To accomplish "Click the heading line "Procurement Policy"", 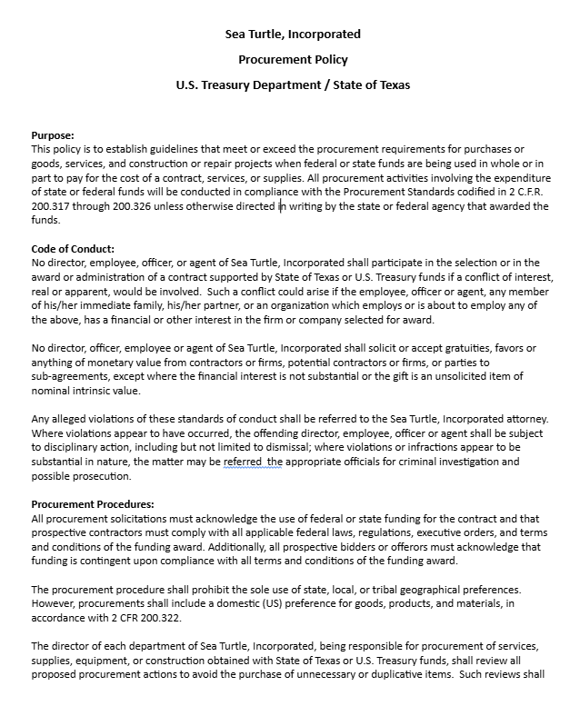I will pyautogui.click(x=293, y=60).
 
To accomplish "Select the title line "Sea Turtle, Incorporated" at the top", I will pyautogui.click(x=293, y=35).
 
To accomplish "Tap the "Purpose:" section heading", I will pyautogui.click(x=53, y=135).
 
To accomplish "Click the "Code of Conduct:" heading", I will pyautogui.click(x=73, y=249).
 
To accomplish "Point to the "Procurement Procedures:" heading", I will pyautogui.click(x=93, y=504).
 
